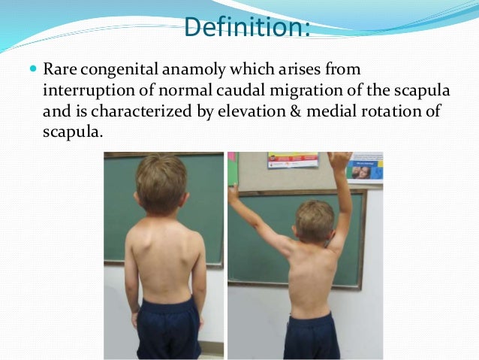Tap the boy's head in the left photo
point(161,182)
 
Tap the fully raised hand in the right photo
point(339,162)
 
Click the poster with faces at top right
point(365,169)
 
